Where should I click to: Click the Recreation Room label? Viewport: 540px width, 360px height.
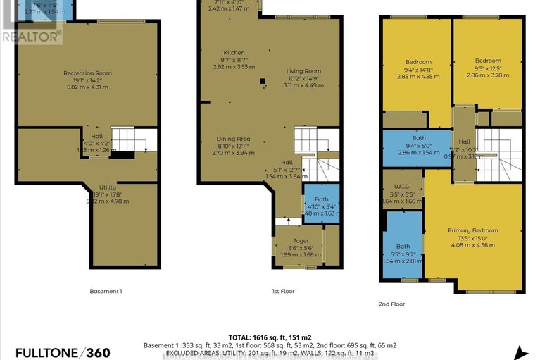tap(87, 73)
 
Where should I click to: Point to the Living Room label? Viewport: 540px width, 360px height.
tap(303, 71)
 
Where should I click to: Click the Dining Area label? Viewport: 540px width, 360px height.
tap(232, 139)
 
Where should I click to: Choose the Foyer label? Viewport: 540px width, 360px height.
tap(296, 240)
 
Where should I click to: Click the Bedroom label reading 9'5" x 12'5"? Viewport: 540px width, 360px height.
tap(487, 61)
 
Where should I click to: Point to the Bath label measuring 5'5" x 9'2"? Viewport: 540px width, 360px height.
tap(403, 246)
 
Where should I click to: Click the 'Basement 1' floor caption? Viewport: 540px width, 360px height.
tap(106, 291)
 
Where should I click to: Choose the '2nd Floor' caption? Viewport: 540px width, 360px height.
tap(391, 304)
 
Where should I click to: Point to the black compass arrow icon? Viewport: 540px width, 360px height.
tap(522, 352)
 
